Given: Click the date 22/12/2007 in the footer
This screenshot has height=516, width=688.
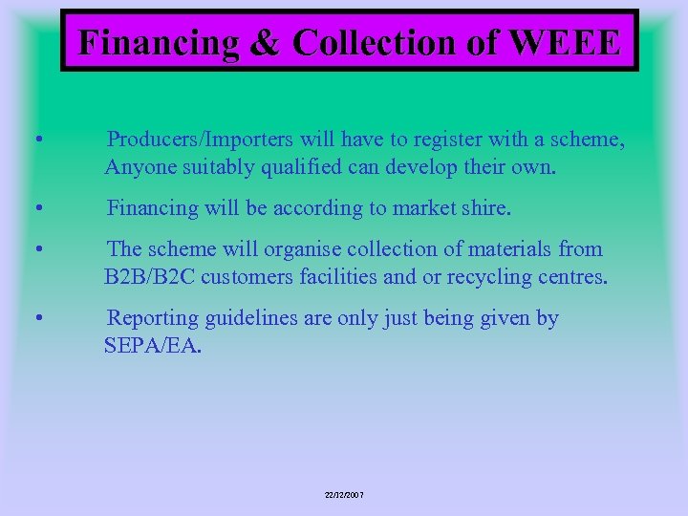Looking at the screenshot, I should (344, 495).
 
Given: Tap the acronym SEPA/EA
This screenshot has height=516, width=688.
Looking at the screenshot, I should (153, 345).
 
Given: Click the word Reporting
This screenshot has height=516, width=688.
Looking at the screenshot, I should (155, 318).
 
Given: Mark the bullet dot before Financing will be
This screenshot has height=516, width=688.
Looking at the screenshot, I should (36, 208).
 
